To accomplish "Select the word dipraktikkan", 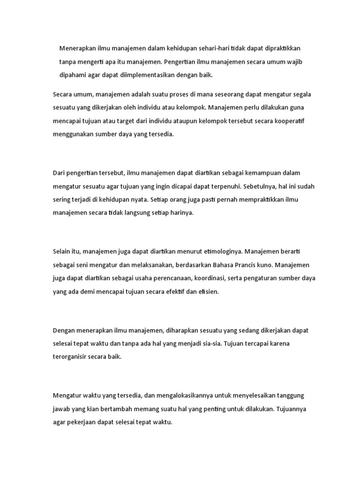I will [x=282, y=48].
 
